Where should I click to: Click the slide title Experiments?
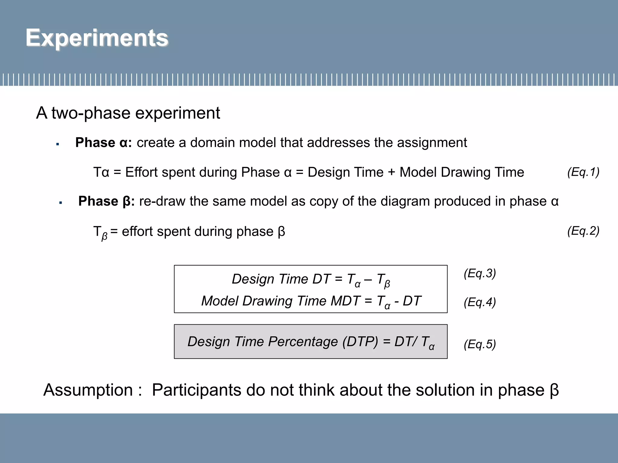pos(97,38)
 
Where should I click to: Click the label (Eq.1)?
pos(583,172)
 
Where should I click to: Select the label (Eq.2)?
pos(583,231)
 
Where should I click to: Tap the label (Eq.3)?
pos(479,273)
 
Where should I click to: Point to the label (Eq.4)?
pos(479,302)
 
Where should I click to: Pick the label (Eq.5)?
pos(479,344)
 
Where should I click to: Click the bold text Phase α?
pos(104,142)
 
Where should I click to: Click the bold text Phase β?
pos(106,201)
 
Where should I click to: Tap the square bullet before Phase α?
pos(57,144)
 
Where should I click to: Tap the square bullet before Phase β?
pos(60,203)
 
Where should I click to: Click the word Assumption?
pos(88,390)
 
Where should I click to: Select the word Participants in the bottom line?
pos(196,390)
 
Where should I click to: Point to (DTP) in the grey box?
pos(360,342)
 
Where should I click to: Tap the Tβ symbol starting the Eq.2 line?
pos(100,232)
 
